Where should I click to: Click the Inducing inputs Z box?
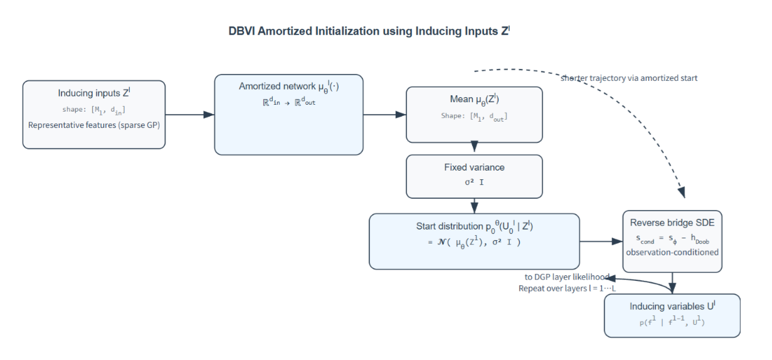(94, 114)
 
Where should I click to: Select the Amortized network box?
(288, 114)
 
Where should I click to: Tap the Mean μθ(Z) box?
(474, 114)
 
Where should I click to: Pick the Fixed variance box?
(474, 176)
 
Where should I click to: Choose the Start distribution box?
(474, 241)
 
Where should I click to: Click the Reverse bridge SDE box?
(672, 241)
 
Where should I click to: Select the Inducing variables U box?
(672, 315)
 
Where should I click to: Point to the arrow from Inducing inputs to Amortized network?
(189, 115)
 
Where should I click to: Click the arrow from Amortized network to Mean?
(384, 115)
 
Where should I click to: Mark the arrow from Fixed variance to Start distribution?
(474, 206)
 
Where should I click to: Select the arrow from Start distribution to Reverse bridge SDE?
(601, 241)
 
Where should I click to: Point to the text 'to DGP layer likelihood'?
(566, 277)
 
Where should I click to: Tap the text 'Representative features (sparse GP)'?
(94, 125)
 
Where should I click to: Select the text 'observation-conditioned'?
(672, 252)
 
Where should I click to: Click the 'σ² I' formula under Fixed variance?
(474, 183)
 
